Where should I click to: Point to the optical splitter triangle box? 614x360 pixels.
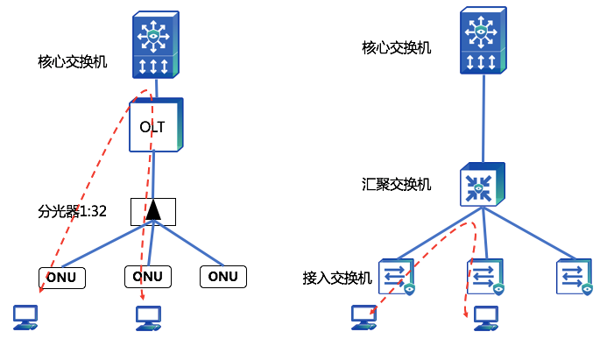coord(153,210)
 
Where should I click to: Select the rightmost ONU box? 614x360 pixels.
coord(224,277)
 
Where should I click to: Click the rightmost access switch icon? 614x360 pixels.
coord(574,276)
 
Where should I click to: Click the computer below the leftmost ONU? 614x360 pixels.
coord(25,316)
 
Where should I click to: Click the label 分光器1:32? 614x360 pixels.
coord(72,210)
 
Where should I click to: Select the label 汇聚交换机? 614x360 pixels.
coord(397,184)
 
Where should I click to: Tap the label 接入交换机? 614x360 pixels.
coord(337,278)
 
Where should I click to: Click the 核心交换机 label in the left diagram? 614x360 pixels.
coord(73,62)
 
